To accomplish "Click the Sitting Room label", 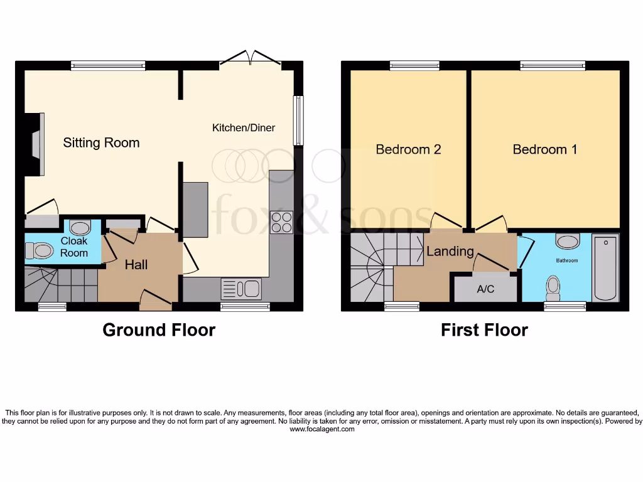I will click(x=101, y=143).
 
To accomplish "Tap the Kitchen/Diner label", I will click(x=244, y=128).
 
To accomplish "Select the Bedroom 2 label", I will click(x=408, y=149).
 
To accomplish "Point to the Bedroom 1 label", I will click(x=545, y=149).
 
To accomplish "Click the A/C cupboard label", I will click(x=485, y=289).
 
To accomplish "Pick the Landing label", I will click(x=450, y=252).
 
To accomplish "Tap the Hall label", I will click(x=136, y=265).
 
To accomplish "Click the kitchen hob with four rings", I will click(x=281, y=222).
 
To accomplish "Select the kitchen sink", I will click(x=241, y=289).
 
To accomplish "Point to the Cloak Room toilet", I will click(x=40, y=251).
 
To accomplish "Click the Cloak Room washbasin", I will click(x=80, y=227).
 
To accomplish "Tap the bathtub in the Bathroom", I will click(x=605, y=267).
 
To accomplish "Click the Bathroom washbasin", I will click(x=567, y=242).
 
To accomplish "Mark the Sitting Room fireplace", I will click(x=37, y=144).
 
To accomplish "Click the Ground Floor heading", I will click(x=159, y=330).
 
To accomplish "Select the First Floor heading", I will click(x=484, y=330).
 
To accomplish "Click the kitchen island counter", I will click(x=195, y=210).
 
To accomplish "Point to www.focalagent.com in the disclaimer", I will click(x=322, y=429).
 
